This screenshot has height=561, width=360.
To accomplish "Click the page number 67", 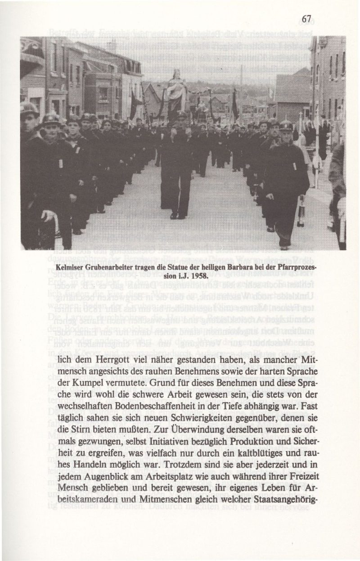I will click(307, 19).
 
